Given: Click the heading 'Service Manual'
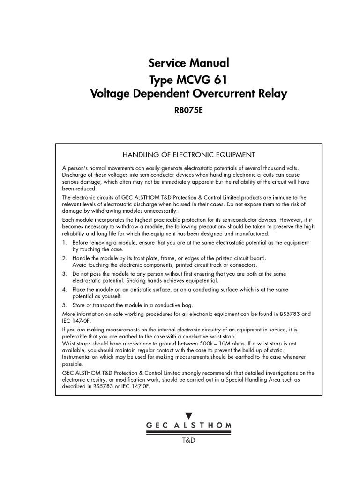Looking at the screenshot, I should point(188,62).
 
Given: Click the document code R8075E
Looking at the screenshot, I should point(188,111).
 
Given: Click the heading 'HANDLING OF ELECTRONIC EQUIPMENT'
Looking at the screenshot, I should point(188,155).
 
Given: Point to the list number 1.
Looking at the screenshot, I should point(64,243).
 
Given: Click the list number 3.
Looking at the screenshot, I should point(64,273).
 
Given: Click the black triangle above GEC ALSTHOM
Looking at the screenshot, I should point(188,415).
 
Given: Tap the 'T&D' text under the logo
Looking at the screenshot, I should point(188,441).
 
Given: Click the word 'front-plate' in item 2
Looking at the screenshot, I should point(139,258).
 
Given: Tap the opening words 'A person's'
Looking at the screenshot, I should point(75,168).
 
